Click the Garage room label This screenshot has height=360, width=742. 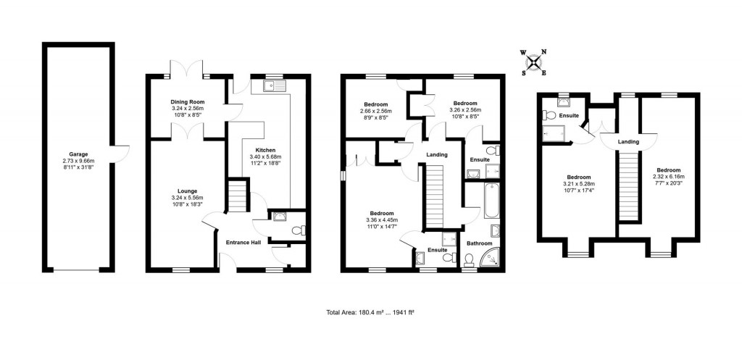78,154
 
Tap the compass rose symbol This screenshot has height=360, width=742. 535,62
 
